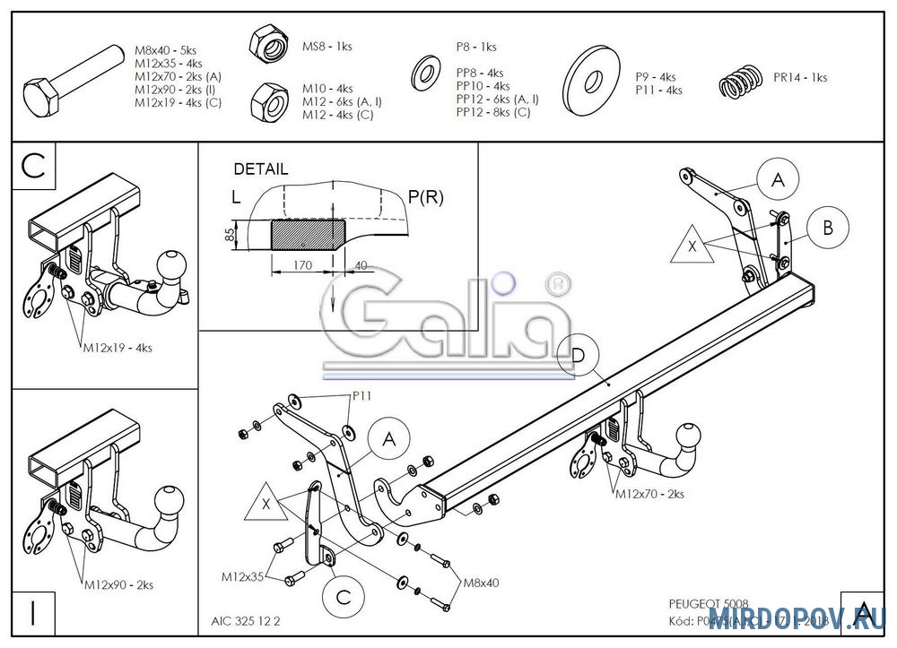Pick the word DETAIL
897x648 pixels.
point(261,168)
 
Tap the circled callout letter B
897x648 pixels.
point(828,228)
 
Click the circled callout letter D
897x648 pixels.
point(579,356)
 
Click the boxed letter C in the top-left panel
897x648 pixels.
point(33,166)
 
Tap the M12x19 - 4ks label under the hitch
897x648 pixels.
point(118,347)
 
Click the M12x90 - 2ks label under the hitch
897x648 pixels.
point(118,584)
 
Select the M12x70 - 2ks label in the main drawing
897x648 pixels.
point(649,493)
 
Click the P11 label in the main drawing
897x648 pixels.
point(361,395)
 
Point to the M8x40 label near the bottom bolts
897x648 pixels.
point(481,583)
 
